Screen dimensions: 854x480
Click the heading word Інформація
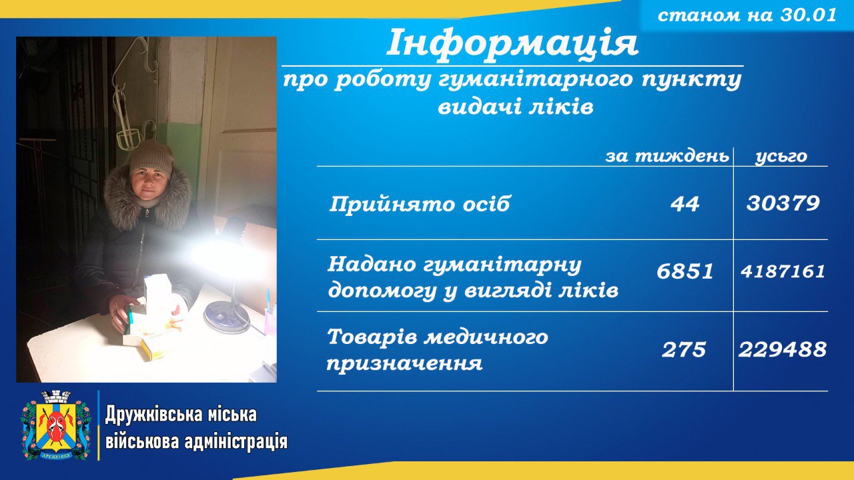coord(512,43)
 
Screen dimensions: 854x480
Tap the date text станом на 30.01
coord(747,15)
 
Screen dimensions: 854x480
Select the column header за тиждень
coord(667,156)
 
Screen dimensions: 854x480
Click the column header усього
coord(781,157)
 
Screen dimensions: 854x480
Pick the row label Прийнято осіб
coord(420,204)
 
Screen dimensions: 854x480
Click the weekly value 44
coord(685,204)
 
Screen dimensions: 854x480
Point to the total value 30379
coord(783,203)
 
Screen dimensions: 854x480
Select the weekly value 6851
coord(685,271)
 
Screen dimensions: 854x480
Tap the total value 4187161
coord(783,271)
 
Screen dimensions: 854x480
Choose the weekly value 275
coord(684,349)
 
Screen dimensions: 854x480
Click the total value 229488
coord(783,349)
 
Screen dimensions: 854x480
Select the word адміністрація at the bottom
coord(236,443)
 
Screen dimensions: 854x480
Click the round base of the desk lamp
coord(224,316)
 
